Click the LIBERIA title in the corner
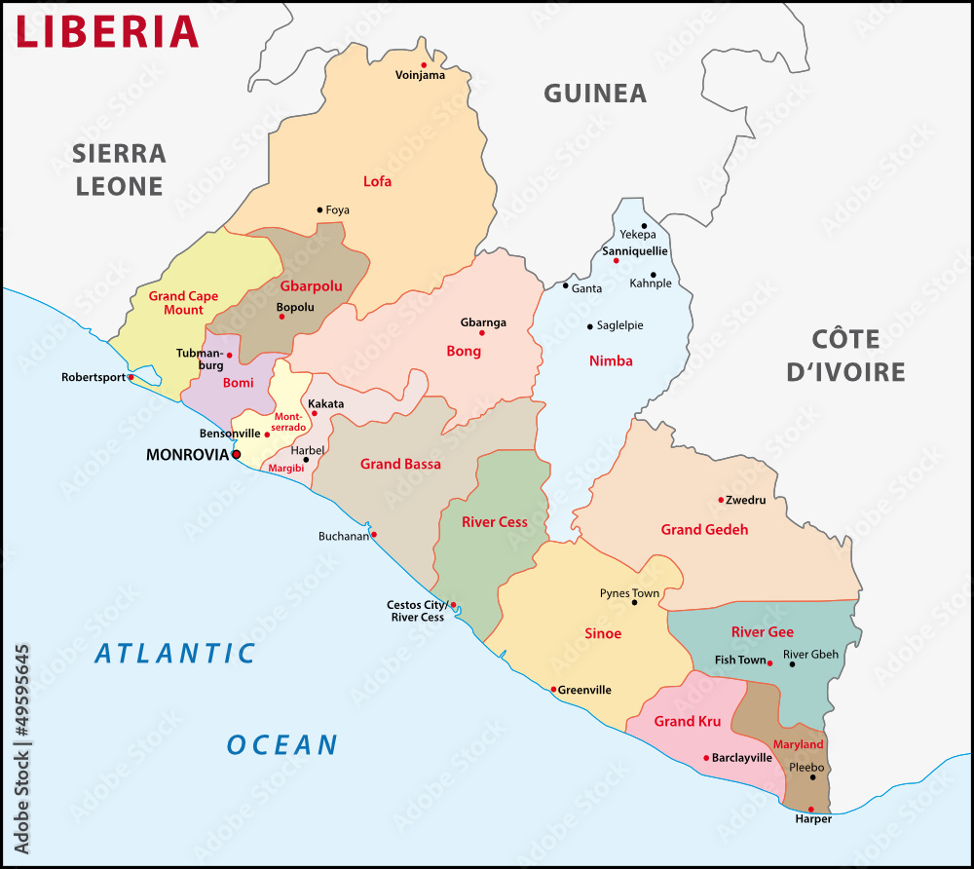point(107,31)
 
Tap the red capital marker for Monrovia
point(236,454)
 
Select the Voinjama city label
point(420,75)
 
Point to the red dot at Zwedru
point(721,500)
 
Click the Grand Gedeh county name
point(704,530)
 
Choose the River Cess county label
point(495,522)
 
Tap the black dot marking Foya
point(319,209)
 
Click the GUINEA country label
point(594,94)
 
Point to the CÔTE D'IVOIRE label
point(845,356)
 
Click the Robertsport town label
point(93,377)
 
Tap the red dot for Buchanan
point(373,534)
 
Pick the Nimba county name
point(611,361)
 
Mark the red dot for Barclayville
point(706,758)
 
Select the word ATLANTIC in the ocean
point(175,654)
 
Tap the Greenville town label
point(585,690)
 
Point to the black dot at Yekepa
point(644,226)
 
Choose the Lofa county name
point(377,181)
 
